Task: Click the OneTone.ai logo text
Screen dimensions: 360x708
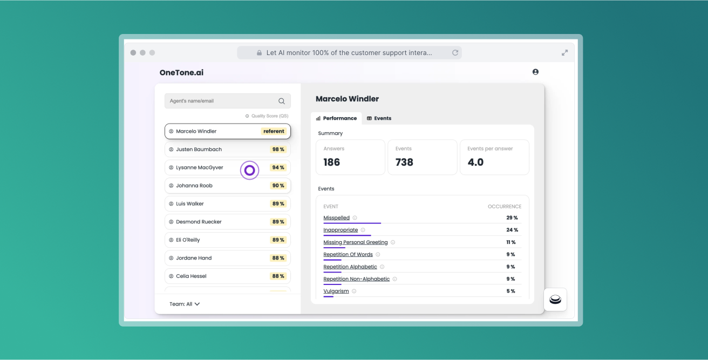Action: click(181, 73)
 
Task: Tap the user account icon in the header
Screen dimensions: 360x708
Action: click(535, 72)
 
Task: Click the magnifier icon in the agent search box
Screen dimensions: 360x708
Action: click(282, 101)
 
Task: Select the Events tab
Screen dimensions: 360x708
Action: click(379, 118)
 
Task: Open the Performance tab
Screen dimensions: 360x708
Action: click(336, 118)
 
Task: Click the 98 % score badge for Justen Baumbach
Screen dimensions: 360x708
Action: click(278, 150)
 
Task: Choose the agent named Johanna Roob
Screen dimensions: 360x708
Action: click(194, 186)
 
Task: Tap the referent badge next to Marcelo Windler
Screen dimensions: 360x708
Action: click(274, 131)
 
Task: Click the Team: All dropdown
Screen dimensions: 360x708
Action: click(185, 304)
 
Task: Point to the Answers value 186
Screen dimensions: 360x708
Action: click(332, 162)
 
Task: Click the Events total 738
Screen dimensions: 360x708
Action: click(404, 162)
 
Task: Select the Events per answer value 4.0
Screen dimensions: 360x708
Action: click(475, 162)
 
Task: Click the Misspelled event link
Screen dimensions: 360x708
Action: click(337, 218)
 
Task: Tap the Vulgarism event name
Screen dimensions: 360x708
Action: click(336, 291)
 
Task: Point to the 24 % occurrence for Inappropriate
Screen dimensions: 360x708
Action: click(512, 230)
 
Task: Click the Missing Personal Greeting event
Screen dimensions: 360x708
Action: click(356, 242)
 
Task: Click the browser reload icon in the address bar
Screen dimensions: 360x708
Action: click(455, 53)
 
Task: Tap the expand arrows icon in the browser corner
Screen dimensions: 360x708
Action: click(564, 53)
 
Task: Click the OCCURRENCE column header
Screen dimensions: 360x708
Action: click(505, 207)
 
